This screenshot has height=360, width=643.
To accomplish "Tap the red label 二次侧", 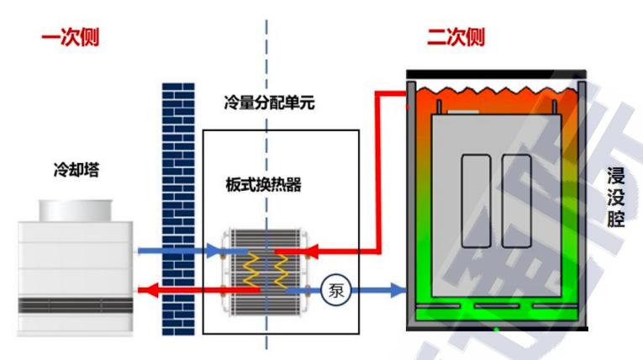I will (x=456, y=38).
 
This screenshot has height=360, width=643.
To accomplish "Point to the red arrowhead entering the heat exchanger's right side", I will (x=306, y=251).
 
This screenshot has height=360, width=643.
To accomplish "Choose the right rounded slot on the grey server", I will (x=516, y=200).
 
